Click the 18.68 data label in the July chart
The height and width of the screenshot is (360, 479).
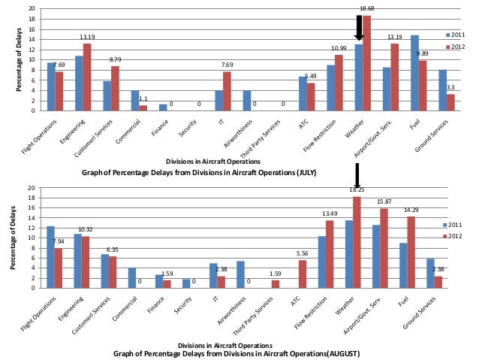[367, 8]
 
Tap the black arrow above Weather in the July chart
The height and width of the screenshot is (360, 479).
[359, 28]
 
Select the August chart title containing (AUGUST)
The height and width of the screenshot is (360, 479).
[237, 352]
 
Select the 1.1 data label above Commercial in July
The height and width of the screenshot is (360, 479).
[143, 98]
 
